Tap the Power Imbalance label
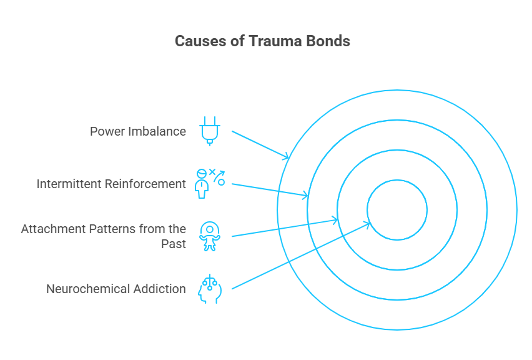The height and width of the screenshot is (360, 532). coord(137,131)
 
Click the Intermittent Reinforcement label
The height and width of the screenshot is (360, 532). coord(111,184)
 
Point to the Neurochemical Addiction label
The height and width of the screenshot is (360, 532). coord(116,289)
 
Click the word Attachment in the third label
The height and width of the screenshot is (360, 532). coord(52,229)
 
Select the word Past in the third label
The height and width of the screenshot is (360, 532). coord(173,244)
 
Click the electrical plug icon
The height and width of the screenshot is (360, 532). coord(209,131)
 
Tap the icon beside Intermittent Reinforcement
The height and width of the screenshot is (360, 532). coord(209,183)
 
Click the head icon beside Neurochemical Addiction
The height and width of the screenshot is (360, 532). coord(209,289)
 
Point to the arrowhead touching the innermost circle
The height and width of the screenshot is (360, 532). coord(369,223)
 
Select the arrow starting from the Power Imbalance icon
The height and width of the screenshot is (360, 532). coord(259,144)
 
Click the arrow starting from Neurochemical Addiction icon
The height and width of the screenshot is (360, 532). coord(300,256)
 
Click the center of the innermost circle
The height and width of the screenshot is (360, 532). coord(397,210)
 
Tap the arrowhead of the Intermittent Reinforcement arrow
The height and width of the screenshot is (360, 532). coord(305,196)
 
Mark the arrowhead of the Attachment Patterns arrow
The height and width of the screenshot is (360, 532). coord(335,220)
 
